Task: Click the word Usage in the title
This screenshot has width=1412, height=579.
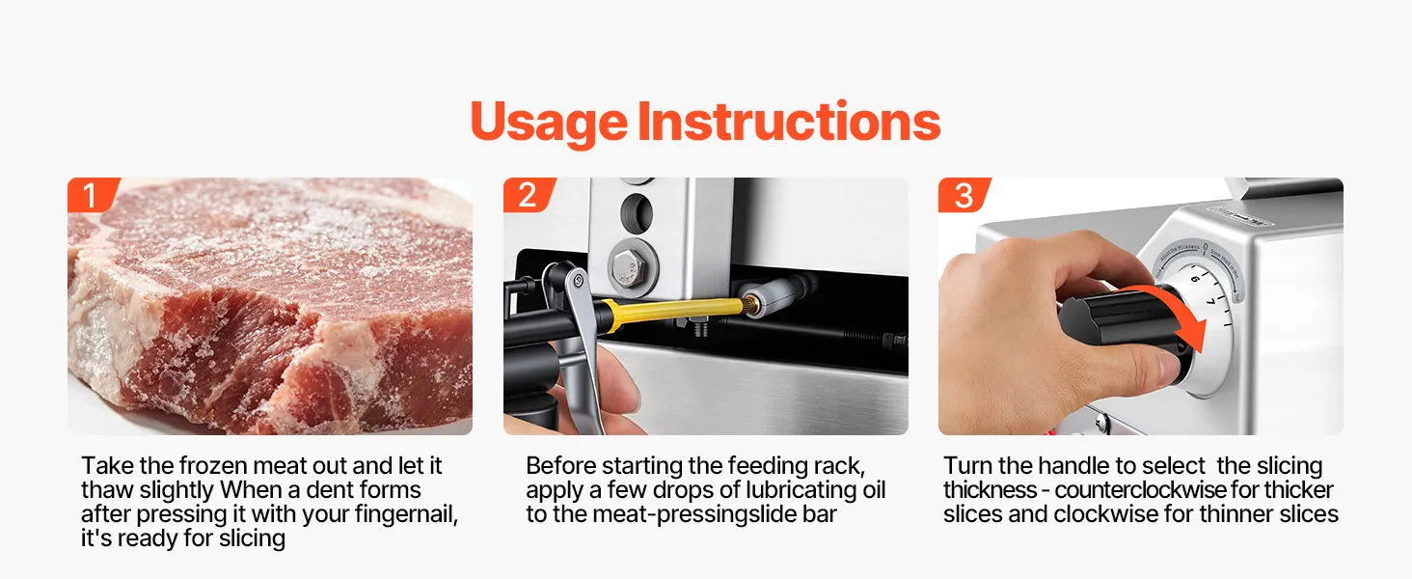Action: click(x=549, y=123)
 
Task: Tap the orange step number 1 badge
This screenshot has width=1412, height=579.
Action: click(x=92, y=195)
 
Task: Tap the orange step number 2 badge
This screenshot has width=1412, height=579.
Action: click(x=529, y=195)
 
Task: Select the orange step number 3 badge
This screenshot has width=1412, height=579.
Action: click(x=964, y=195)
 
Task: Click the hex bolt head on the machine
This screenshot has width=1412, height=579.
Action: click(x=627, y=266)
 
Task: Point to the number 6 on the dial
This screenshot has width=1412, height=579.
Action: click(x=1195, y=278)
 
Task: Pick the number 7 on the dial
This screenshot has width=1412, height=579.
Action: click(x=1211, y=302)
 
